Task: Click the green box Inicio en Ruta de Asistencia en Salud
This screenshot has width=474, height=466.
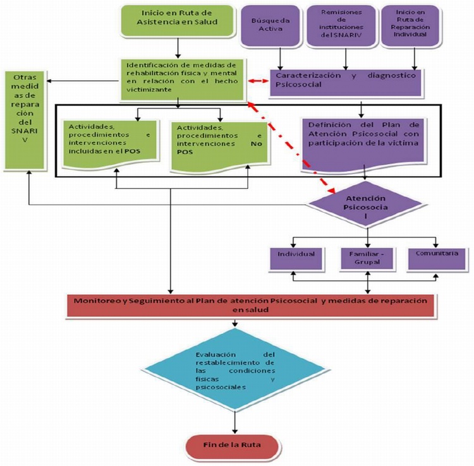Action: (x=178, y=20)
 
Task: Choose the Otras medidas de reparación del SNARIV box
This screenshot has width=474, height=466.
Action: (x=25, y=120)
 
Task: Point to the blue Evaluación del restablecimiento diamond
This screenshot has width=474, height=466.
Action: (x=235, y=373)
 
